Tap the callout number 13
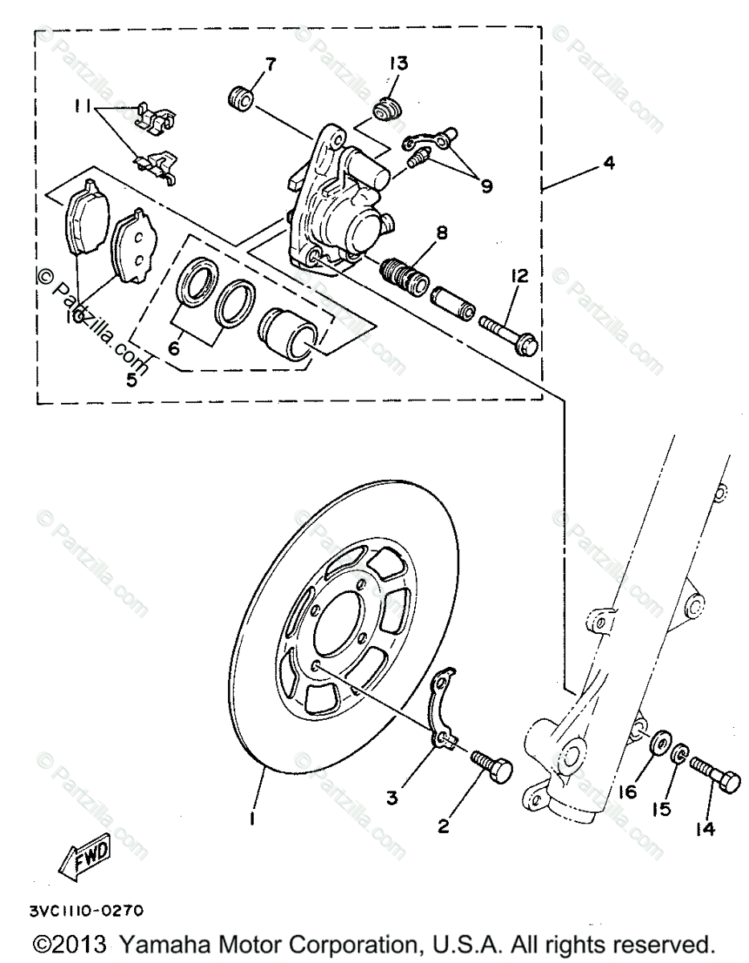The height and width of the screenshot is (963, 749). [x=399, y=63]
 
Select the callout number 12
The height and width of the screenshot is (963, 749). [x=518, y=277]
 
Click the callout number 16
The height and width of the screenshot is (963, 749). [x=627, y=791]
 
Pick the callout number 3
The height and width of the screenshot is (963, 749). [x=392, y=797]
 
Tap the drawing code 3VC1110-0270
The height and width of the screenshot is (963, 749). [x=86, y=911]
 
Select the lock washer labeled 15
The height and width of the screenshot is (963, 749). [x=678, y=754]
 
